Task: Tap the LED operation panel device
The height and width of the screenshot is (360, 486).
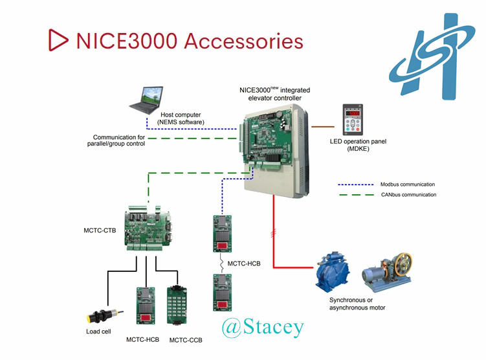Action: point(352,120)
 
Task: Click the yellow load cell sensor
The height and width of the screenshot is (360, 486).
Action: point(99,316)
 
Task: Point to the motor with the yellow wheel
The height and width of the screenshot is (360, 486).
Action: point(387,269)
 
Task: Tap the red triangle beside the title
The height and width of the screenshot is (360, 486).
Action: point(58,39)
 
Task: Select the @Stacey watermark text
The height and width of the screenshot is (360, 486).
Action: point(262,327)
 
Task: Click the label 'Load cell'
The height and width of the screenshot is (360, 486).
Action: point(99,333)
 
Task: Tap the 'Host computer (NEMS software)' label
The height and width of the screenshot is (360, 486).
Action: point(181,118)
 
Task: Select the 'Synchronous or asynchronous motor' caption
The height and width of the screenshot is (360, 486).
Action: point(356,304)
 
